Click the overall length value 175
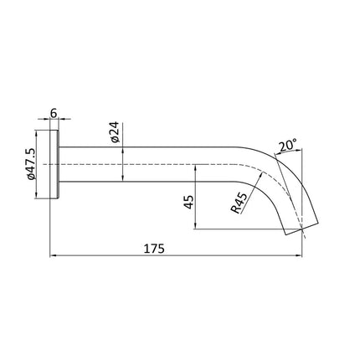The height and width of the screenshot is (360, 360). (152, 248)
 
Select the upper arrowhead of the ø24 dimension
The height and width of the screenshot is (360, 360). (123, 151)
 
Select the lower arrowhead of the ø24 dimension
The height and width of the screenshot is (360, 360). (123, 177)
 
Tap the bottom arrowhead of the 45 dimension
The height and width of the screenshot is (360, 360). (194, 227)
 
